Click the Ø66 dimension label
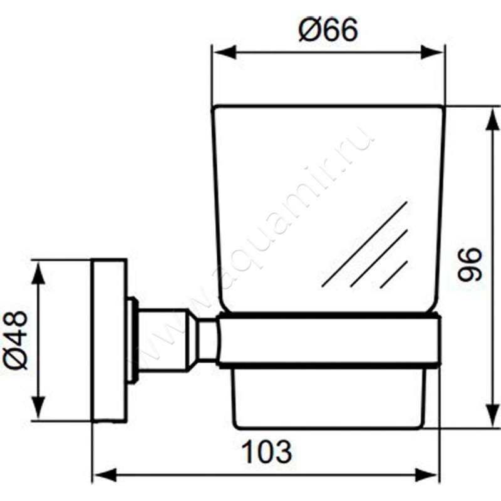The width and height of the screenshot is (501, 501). point(328,29)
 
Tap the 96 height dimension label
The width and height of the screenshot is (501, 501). point(468,264)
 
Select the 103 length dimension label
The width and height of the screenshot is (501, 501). point(267,452)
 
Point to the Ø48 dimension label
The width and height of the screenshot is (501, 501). point(15,340)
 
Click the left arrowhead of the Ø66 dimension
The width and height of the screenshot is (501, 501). point(224,52)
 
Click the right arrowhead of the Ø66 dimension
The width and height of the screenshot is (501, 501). point(432,52)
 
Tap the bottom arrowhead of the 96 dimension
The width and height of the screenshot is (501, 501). point(492,415)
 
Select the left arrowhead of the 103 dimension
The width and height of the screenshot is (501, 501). point(105,475)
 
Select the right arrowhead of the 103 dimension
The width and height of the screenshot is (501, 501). point(427,475)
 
